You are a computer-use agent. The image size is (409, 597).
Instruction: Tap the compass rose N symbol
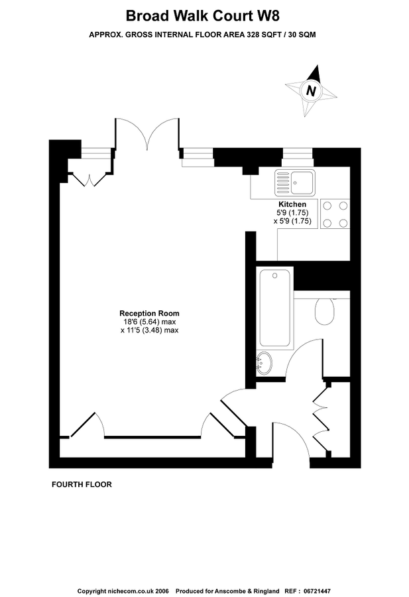coord(310,90)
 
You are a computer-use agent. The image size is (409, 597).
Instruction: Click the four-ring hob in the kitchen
coord(335,214)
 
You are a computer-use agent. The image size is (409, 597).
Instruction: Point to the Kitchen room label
coord(292,204)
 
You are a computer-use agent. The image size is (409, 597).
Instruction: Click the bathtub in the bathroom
coord(276,308)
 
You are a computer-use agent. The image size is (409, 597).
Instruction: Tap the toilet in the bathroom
coord(325,310)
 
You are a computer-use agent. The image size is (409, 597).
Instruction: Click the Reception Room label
coord(149,313)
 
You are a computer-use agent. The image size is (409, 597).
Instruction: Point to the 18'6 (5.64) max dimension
coord(149,322)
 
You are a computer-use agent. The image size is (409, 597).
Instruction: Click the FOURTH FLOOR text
coord(82,485)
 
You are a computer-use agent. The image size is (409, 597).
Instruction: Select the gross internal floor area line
coord(202,34)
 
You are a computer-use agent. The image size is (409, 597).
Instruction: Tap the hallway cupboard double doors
coord(321,419)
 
